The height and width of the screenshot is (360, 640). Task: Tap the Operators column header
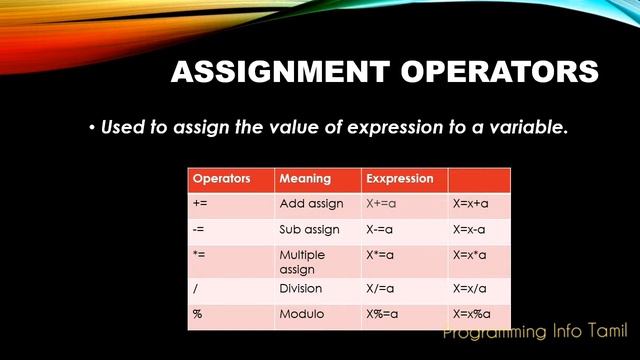(x=221, y=179)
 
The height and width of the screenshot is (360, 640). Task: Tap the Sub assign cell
(x=309, y=229)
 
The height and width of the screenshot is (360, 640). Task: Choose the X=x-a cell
(x=470, y=229)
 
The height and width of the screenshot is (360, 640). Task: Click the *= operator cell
(x=199, y=255)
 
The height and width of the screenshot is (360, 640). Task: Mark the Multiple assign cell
(x=304, y=262)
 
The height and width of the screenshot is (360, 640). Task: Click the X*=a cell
(x=384, y=255)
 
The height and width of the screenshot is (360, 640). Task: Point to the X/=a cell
(x=384, y=288)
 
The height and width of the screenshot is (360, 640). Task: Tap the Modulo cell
(x=301, y=314)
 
